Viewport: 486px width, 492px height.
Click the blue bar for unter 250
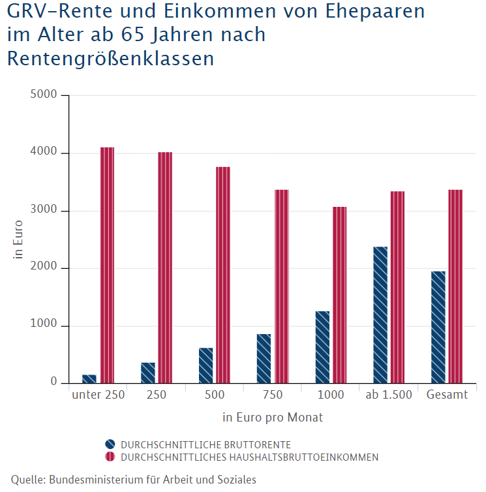click(x=89, y=378)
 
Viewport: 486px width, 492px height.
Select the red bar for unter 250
click(x=107, y=265)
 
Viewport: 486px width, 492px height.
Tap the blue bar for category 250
click(x=148, y=373)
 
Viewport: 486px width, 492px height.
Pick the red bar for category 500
click(x=223, y=275)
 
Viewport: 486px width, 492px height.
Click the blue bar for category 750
click(x=264, y=358)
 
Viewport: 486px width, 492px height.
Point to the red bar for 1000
click(x=339, y=295)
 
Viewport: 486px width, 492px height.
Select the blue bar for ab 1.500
click(x=380, y=315)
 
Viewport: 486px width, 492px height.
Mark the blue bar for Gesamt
click(x=438, y=327)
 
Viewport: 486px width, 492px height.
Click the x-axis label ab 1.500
click(x=389, y=395)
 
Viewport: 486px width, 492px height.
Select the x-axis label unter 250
click(x=99, y=395)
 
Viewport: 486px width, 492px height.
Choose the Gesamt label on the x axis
click(x=447, y=395)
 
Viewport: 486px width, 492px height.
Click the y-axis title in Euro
click(x=19, y=240)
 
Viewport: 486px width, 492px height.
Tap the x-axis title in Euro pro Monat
click(x=273, y=418)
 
